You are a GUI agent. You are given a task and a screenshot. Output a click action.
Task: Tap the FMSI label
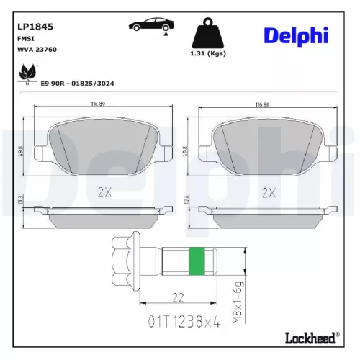[x=25, y=40]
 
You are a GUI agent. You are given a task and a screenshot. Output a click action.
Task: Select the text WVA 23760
[x=35, y=50]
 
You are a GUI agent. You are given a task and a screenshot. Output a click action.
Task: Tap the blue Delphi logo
[x=296, y=35]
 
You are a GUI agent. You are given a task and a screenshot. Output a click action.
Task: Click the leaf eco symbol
[x=28, y=73]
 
